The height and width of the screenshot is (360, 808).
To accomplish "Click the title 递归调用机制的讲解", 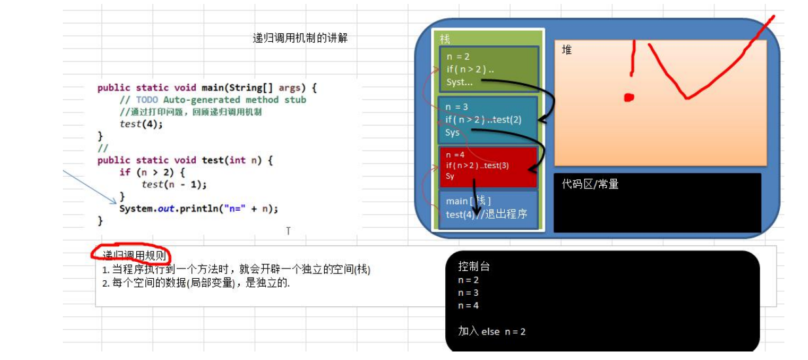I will click(x=300, y=39).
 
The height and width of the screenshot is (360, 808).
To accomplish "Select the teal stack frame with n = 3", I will click(x=487, y=119).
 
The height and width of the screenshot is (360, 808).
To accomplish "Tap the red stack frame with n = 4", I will click(x=488, y=166).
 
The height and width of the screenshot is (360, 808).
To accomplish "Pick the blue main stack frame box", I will click(x=487, y=208).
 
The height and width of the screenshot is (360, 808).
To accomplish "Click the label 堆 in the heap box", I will click(x=567, y=50).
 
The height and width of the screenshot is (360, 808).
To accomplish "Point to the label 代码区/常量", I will click(x=590, y=184).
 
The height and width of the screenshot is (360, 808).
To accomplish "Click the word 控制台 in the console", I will click(x=473, y=266).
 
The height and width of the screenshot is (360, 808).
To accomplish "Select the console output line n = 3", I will click(x=468, y=293).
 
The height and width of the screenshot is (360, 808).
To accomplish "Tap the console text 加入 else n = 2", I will click(x=492, y=331).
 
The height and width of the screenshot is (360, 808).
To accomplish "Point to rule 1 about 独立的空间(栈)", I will click(x=236, y=270).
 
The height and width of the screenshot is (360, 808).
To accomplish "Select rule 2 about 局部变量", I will click(x=196, y=283).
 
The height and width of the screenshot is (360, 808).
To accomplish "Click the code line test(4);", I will click(x=141, y=124).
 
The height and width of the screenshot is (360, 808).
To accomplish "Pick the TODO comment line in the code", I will click(x=213, y=100).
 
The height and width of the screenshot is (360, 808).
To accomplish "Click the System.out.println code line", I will click(x=198, y=209).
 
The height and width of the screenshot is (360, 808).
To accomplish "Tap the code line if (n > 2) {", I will click(x=153, y=172).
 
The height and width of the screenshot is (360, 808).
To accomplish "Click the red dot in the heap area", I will click(x=629, y=98).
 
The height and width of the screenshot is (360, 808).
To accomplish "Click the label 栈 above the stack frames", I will click(x=445, y=39).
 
